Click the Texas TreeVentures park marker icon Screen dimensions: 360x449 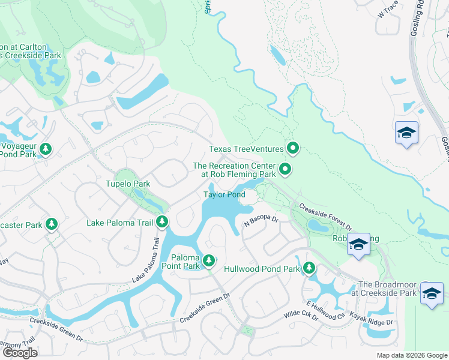(x=293, y=148)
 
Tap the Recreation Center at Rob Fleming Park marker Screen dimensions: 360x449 (x=286, y=171)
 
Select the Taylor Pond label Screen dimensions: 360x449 (x=224, y=194)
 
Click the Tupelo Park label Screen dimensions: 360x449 (x=127, y=184)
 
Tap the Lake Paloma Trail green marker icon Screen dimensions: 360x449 (x=162, y=223)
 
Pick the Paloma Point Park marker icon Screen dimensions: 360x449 (x=208, y=260)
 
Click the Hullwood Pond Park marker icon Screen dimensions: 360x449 (x=309, y=269)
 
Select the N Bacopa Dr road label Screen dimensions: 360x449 (x=262, y=222)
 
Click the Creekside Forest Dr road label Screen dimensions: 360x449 (x=325, y=216)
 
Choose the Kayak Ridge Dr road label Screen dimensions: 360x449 (x=372, y=319)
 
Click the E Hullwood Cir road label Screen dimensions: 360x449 (x=325, y=310)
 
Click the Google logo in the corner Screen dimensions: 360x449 (x=19, y=352)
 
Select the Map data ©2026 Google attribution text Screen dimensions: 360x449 (x=412, y=355)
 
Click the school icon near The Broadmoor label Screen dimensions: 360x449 (x=432, y=293)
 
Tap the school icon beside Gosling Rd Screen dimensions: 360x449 (x=406, y=133)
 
